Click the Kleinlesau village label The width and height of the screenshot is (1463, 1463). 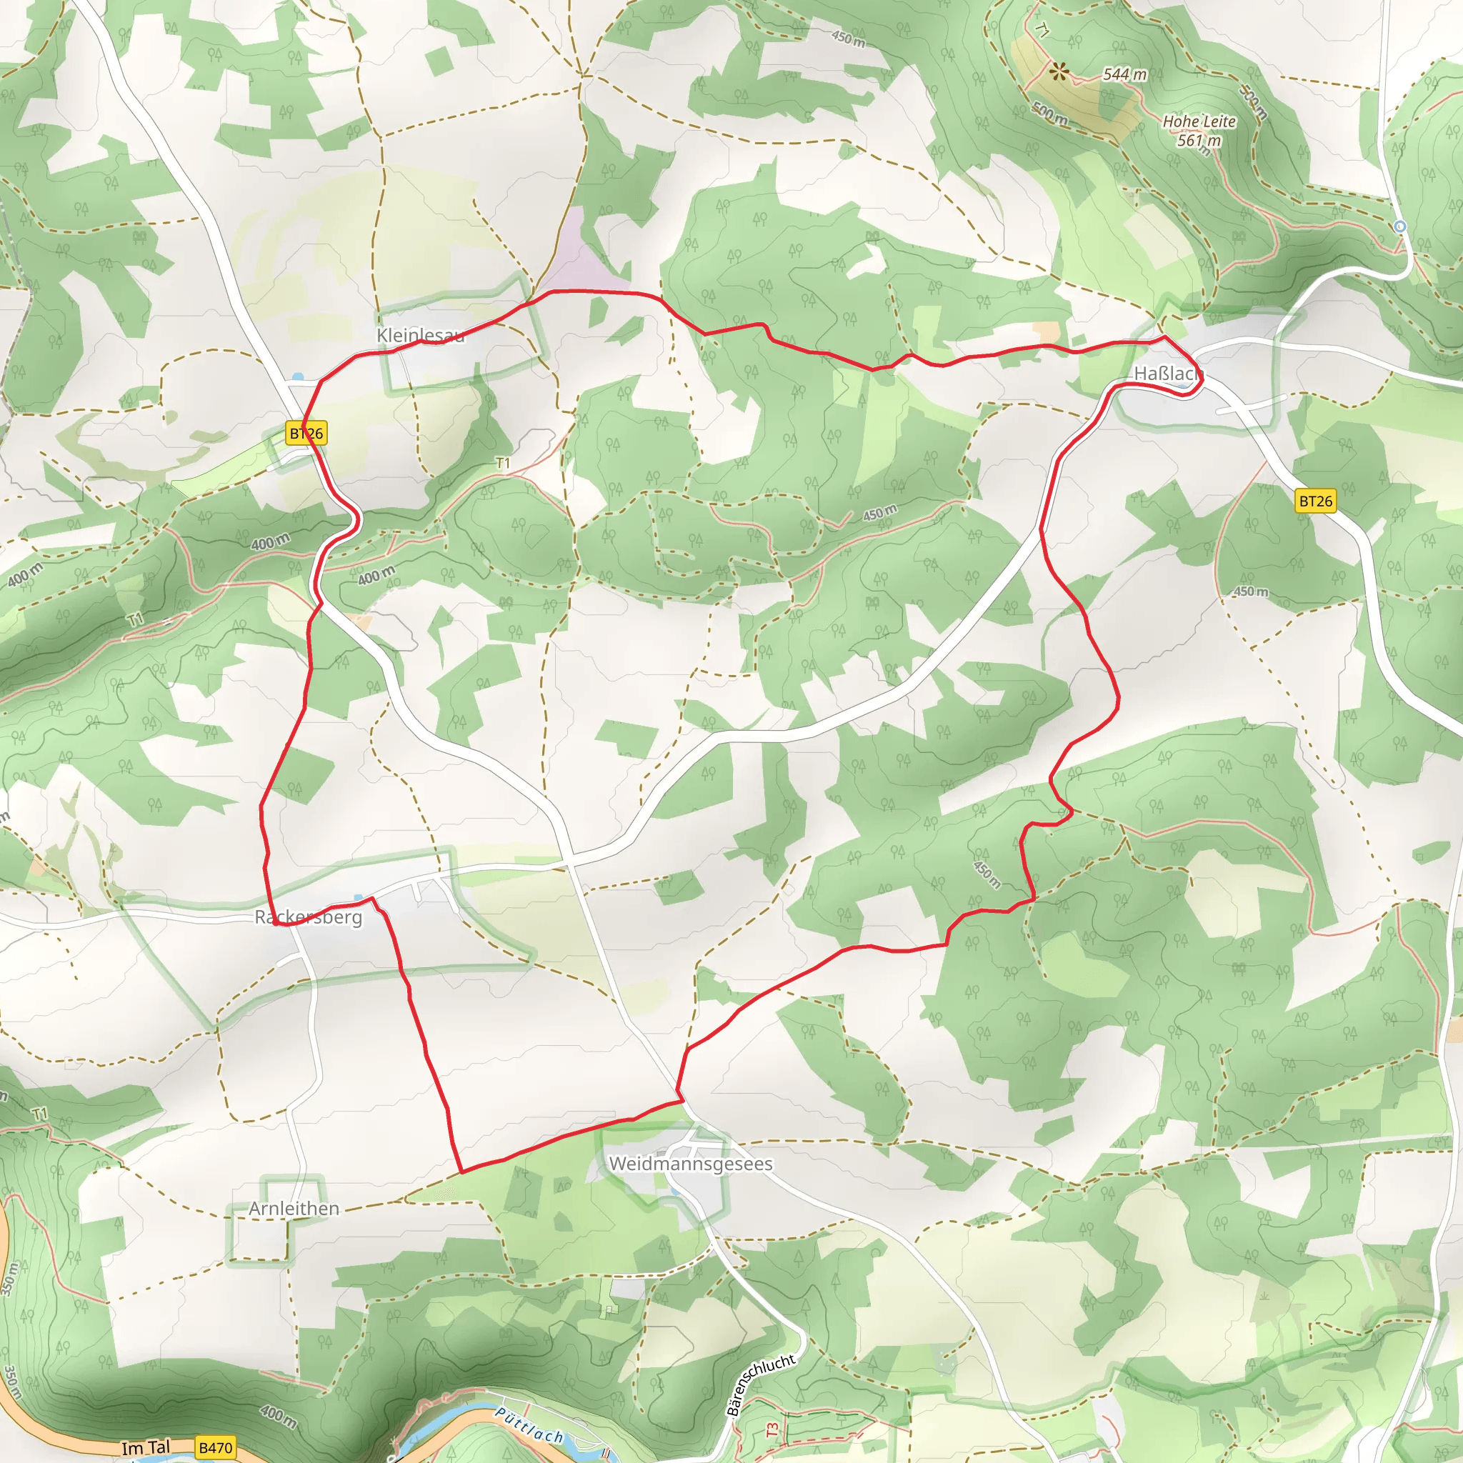point(420,335)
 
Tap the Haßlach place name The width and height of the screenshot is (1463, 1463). point(1167,374)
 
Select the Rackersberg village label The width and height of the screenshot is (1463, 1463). point(308,917)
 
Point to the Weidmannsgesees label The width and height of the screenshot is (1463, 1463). point(690,1163)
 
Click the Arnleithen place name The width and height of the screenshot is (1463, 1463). point(294,1209)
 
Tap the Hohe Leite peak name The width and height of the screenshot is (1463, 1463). point(1199,121)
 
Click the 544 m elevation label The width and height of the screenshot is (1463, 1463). point(1124,74)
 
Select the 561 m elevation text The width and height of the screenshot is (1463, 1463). point(1199,141)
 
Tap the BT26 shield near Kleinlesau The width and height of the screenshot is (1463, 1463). point(306,433)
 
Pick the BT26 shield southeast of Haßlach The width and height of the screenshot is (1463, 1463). point(1315,501)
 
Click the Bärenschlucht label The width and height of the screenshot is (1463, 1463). point(760,1384)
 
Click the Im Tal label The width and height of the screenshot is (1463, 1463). point(146,1448)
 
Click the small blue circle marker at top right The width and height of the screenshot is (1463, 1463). point(1400,226)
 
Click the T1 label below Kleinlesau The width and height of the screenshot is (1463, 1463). point(503,463)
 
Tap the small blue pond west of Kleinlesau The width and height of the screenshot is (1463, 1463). point(298,376)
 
